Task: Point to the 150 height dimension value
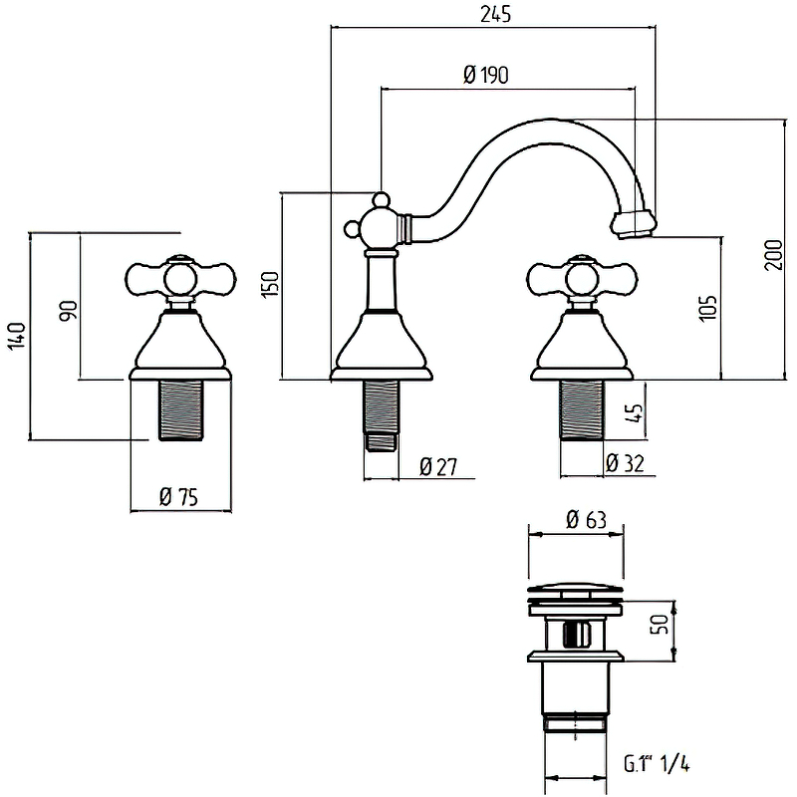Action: (267, 285)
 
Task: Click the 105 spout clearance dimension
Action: (707, 308)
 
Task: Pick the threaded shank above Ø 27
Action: (381, 408)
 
